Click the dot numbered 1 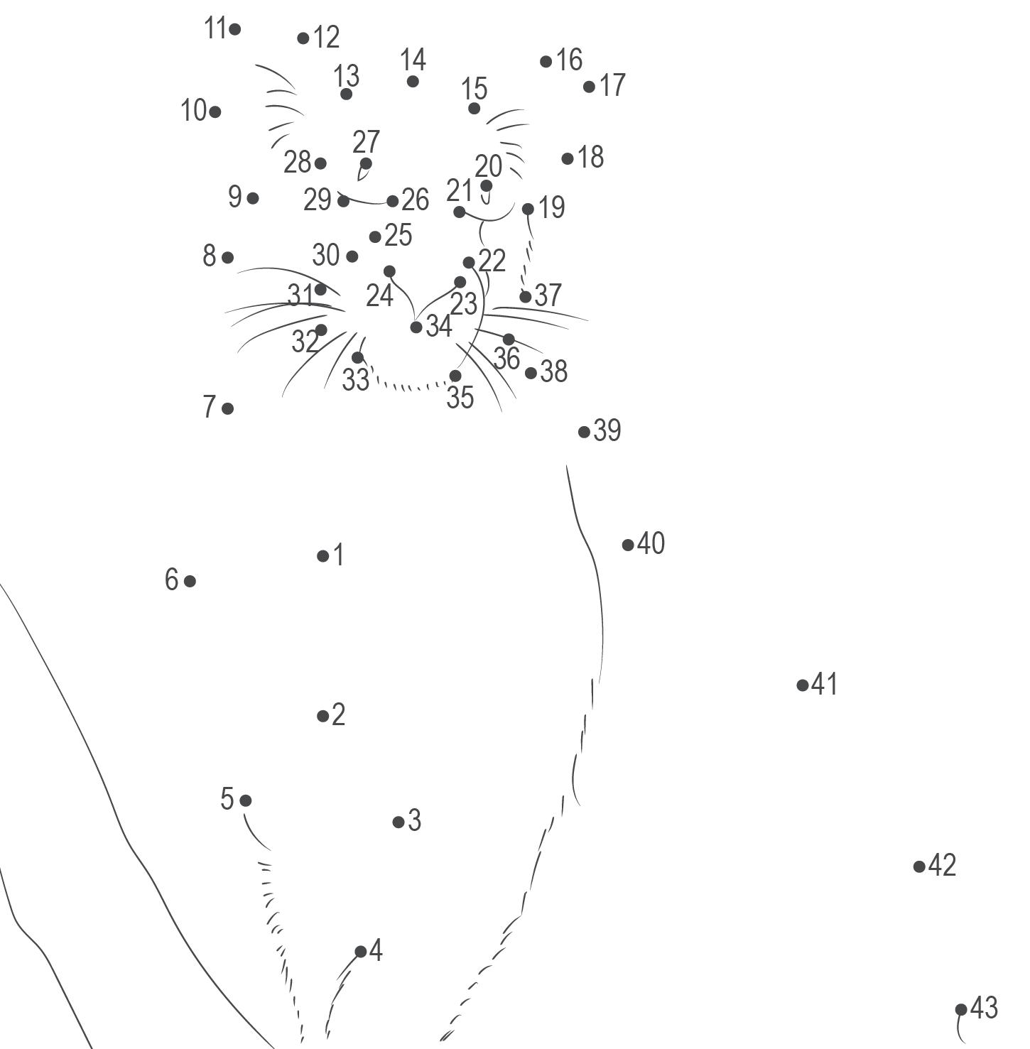(323, 556)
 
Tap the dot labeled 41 (803, 685)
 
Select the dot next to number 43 (961, 1009)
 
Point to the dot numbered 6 (190, 581)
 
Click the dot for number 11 (235, 29)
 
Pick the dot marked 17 (589, 87)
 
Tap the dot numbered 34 (416, 327)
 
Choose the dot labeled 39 (584, 431)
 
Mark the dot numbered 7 (227, 408)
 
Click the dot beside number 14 (413, 82)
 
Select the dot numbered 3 (399, 822)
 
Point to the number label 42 (942, 865)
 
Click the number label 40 (651, 543)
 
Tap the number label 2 (338, 714)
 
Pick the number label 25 (398, 235)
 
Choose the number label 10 (193, 111)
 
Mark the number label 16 (569, 60)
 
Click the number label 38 (554, 371)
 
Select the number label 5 (227, 799)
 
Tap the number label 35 (460, 398)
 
